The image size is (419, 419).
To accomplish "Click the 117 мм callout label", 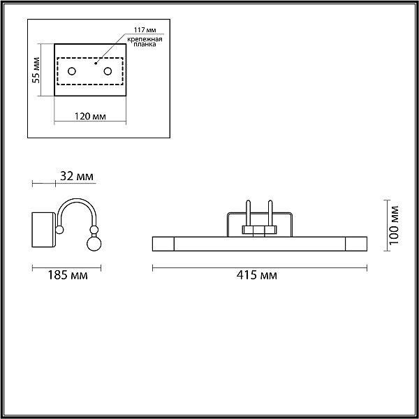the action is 145,29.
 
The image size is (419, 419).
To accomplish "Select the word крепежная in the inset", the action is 145,40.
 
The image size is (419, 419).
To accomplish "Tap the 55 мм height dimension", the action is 36,71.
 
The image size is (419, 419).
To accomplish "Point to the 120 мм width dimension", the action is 90,116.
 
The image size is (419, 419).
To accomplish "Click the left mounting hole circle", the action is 72,71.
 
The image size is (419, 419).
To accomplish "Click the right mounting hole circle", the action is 108,71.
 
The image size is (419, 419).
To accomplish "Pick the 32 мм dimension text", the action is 77,176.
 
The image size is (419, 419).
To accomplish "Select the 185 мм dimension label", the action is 68,275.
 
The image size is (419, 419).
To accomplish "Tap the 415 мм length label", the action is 257,275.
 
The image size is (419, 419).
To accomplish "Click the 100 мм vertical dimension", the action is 394,225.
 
